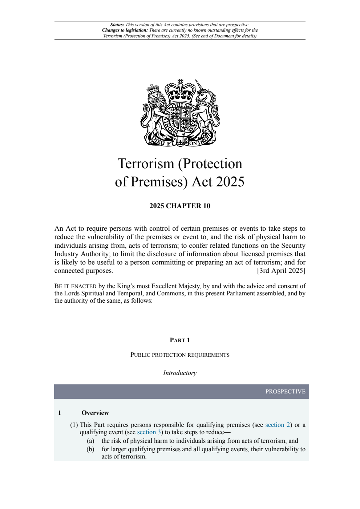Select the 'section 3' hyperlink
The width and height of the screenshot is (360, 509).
pos(149,432)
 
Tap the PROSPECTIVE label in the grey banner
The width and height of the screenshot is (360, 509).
pos(285,391)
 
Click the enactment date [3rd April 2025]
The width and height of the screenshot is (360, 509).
pos(281,271)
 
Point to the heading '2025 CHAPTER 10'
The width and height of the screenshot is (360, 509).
pos(180,206)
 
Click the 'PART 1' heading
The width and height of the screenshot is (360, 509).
pos(180,340)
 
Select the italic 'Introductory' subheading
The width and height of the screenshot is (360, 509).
pos(180,373)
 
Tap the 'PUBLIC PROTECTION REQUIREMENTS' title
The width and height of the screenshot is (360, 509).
pos(180,355)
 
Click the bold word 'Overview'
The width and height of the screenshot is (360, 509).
pos(95,413)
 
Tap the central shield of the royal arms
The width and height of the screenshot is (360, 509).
pos(180,118)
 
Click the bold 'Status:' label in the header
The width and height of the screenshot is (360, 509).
pos(117,25)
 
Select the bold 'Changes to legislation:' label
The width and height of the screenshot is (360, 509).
pos(125,30)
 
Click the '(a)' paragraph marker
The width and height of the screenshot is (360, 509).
pos(90,441)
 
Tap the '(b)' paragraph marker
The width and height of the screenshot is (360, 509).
pos(90,449)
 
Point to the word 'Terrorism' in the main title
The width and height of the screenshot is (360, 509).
pos(146,164)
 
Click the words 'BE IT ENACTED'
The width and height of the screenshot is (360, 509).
pos(75,286)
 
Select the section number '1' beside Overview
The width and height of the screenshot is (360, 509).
pos(60,413)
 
